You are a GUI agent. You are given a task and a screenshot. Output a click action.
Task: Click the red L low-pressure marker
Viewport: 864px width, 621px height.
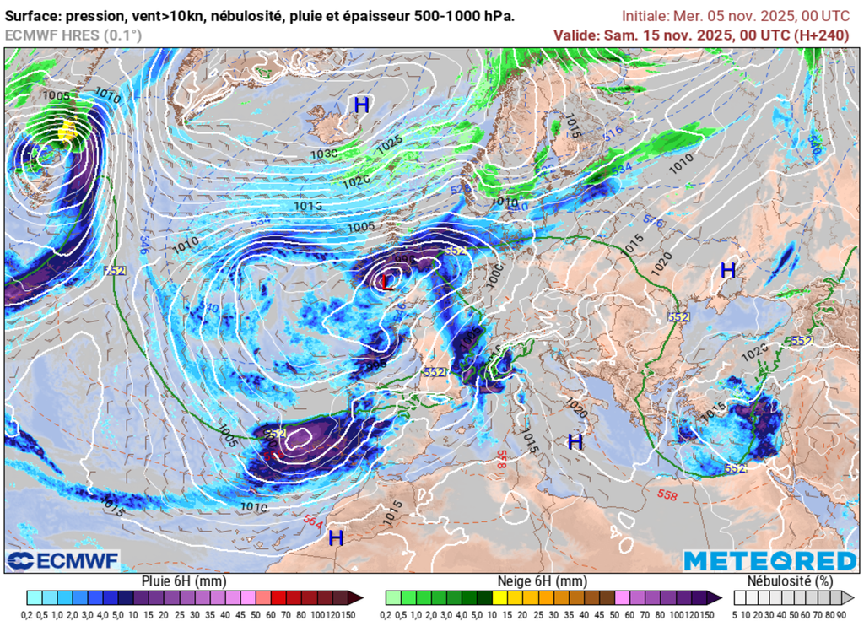[387, 282]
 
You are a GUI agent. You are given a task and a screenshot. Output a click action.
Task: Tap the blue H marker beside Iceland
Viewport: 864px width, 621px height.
[361, 105]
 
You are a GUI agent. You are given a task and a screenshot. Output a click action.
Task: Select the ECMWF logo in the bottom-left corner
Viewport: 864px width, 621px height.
[63, 560]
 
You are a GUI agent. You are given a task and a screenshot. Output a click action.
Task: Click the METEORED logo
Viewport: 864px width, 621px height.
[769, 561]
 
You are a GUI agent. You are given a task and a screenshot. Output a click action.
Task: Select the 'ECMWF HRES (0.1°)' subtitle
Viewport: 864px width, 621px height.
[73, 35]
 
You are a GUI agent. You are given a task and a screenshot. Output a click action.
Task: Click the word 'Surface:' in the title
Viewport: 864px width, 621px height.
[35, 16]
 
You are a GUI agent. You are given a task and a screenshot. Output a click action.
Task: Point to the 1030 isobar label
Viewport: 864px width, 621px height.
[324, 154]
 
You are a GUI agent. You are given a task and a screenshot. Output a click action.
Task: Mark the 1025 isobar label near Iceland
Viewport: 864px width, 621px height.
[389, 143]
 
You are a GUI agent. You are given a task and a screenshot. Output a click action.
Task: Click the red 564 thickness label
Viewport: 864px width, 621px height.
[312, 522]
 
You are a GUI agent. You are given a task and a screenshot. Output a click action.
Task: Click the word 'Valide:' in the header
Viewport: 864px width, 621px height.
[577, 35]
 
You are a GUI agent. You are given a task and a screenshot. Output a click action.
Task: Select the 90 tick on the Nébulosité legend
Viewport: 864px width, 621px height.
[841, 613]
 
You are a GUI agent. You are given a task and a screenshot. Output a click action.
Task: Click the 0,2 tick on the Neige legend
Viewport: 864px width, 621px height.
[392, 613]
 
